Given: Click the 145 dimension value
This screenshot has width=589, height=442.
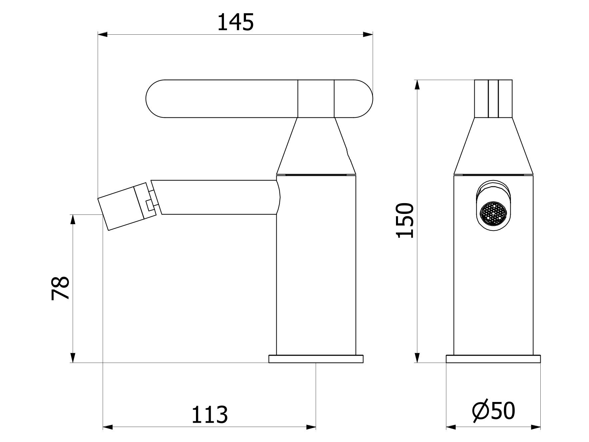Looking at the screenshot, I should click(x=235, y=23).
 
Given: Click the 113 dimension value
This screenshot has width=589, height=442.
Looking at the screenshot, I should click(x=209, y=415).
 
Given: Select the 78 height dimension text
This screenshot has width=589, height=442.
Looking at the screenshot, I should click(x=60, y=288).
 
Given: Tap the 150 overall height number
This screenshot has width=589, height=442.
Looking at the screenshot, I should click(x=405, y=220).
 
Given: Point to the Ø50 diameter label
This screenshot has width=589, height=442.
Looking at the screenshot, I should click(x=494, y=411).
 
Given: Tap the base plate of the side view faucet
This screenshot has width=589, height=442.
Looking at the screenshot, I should click(x=316, y=359).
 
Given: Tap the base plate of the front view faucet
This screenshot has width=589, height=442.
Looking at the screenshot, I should click(x=493, y=359).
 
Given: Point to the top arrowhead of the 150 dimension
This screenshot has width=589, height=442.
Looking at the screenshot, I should click(x=417, y=85).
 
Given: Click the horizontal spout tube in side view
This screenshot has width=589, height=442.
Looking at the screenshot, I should click(x=217, y=197).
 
